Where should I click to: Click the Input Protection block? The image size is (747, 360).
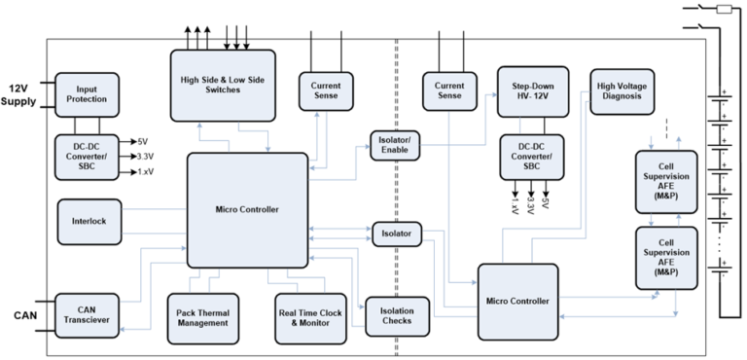click(x=87, y=95)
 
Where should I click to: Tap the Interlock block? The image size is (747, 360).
click(x=88, y=221)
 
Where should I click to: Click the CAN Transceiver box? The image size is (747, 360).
click(x=88, y=316)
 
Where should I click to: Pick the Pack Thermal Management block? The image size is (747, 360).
click(x=202, y=318)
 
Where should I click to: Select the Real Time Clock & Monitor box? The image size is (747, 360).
click(x=308, y=318)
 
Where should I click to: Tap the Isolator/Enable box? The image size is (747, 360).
click(x=394, y=144)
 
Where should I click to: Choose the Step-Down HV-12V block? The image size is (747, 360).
click(x=532, y=91)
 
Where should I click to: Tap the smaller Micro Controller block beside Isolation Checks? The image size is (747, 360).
click(x=517, y=301)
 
